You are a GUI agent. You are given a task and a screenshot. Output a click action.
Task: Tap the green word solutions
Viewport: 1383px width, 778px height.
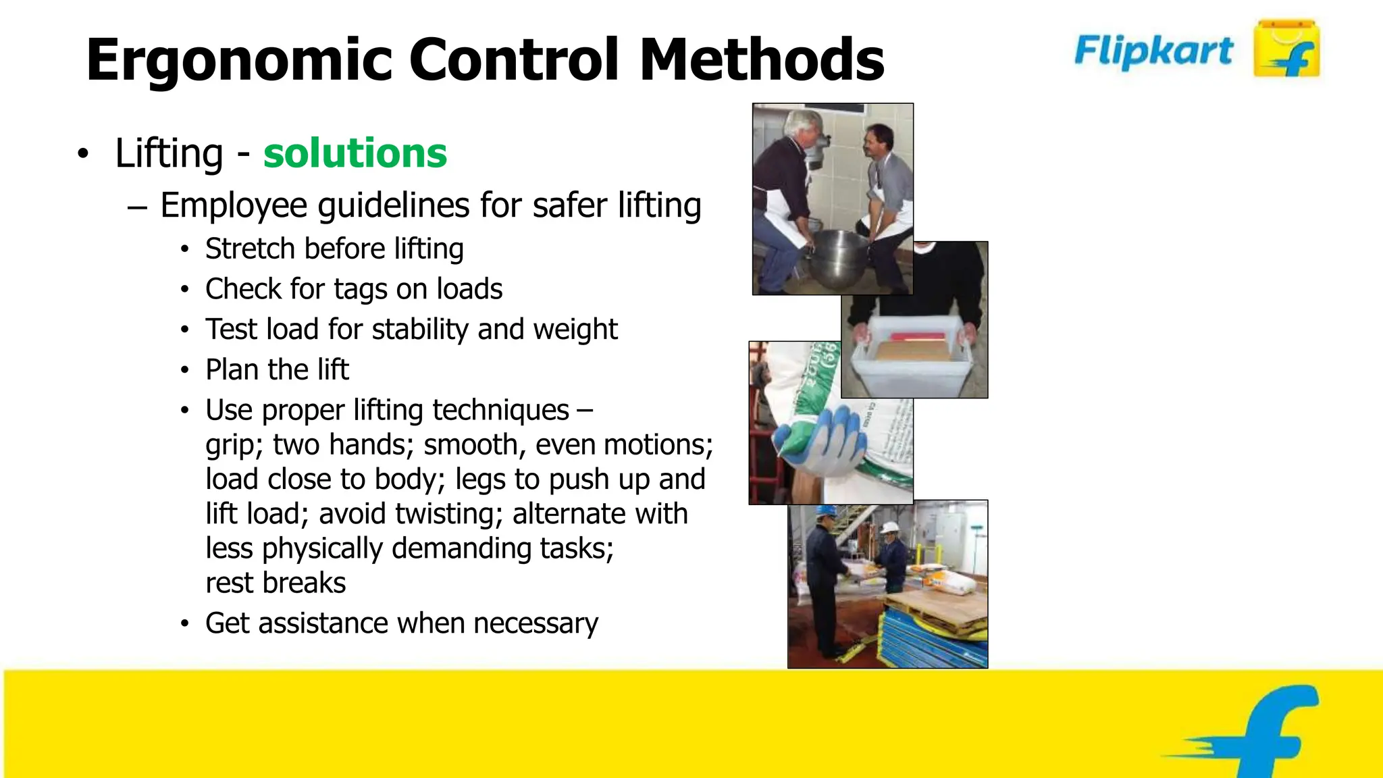(x=355, y=153)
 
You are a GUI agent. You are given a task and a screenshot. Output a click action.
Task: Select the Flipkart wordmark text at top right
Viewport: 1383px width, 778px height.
(x=1153, y=51)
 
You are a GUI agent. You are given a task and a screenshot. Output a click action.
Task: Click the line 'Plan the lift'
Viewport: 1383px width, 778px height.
(x=277, y=369)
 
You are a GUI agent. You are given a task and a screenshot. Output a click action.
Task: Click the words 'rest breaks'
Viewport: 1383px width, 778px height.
(x=276, y=583)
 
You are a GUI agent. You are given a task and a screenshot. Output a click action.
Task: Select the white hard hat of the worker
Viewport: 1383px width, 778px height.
(x=889, y=527)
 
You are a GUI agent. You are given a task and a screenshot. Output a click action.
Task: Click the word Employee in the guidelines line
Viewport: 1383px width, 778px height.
(x=234, y=205)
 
